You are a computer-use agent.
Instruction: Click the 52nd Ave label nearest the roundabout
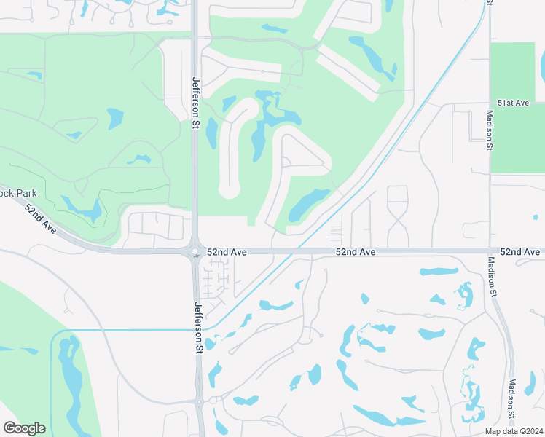point(227,251)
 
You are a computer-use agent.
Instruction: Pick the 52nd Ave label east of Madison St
point(522,251)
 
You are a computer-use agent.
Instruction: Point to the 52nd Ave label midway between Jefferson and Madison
point(356,251)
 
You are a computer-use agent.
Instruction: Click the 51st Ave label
point(513,103)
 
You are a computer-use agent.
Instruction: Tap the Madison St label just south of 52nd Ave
point(492,277)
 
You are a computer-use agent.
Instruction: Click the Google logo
point(24,428)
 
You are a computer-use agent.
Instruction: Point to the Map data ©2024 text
point(513,431)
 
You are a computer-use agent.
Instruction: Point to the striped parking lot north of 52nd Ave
point(335,235)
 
